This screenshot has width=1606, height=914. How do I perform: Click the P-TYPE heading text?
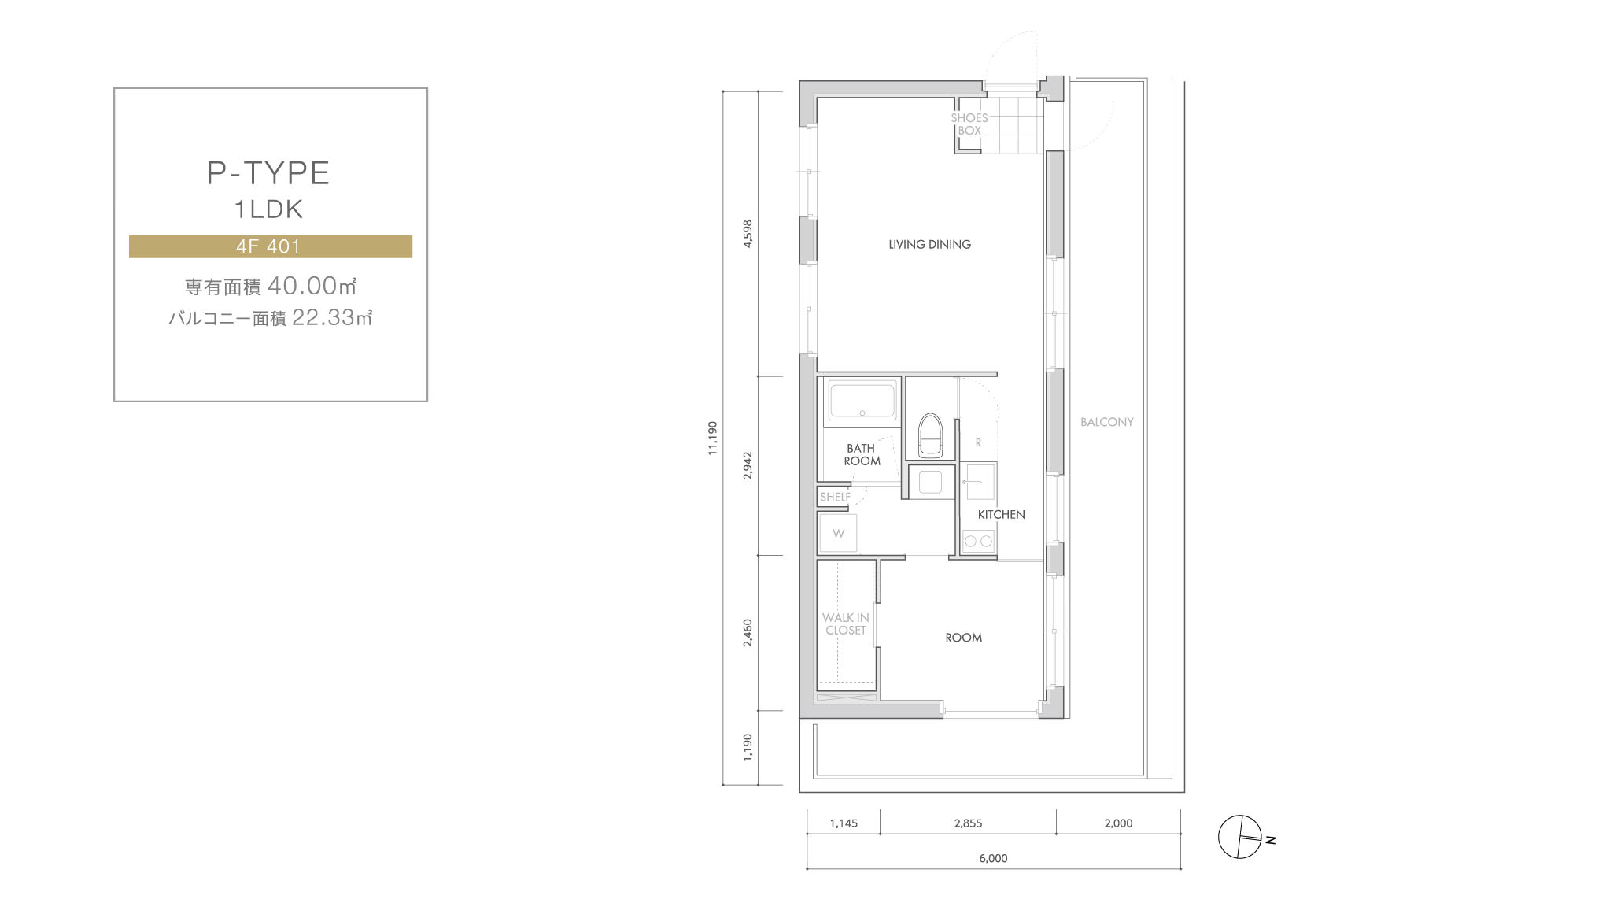pyautogui.click(x=268, y=173)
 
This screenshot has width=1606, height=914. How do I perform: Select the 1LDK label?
pyautogui.click(x=268, y=209)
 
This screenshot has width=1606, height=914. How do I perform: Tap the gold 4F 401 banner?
pyautogui.click(x=271, y=246)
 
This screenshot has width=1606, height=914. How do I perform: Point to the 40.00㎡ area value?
pyautogui.click(x=312, y=286)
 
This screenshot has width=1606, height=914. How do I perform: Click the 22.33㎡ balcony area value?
pyautogui.click(x=332, y=317)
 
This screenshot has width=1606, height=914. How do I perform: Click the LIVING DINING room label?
pyautogui.click(x=929, y=245)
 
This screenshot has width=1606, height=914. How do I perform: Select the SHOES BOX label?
pyautogui.click(x=969, y=124)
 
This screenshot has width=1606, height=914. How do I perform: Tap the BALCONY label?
pyautogui.click(x=1106, y=422)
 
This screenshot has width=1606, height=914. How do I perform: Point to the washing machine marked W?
pyautogui.click(x=838, y=533)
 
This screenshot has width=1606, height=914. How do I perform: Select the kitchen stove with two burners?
pyautogui.click(x=979, y=541)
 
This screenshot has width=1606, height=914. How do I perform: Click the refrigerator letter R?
pyautogui.click(x=978, y=443)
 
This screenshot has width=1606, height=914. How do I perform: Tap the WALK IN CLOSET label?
pyautogui.click(x=846, y=624)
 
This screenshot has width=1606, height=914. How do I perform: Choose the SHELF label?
pyautogui.click(x=835, y=497)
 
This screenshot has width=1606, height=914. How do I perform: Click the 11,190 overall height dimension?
pyautogui.click(x=713, y=438)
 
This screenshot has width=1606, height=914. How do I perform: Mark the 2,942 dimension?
pyautogui.click(x=748, y=466)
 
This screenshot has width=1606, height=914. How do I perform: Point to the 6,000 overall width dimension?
pyautogui.click(x=993, y=858)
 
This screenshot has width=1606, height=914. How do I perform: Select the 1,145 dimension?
pyautogui.click(x=844, y=823)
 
